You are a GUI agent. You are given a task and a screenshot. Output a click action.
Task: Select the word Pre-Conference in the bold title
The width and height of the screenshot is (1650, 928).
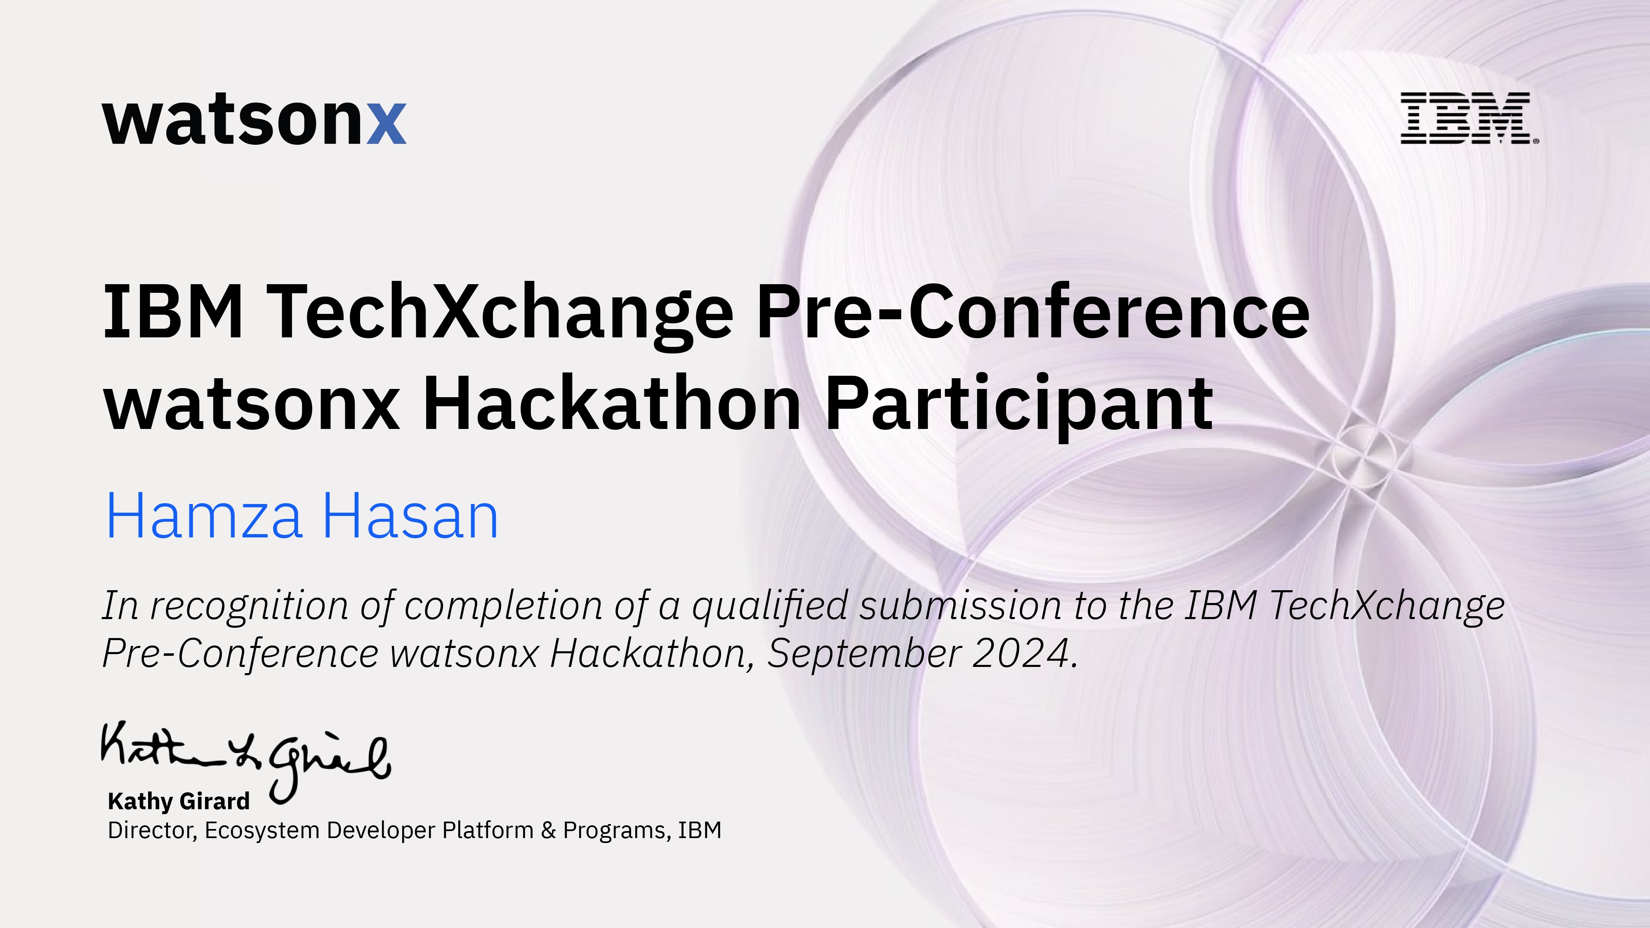coord(1032,312)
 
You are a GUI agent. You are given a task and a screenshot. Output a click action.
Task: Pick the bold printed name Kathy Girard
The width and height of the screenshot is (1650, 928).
coord(179,801)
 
